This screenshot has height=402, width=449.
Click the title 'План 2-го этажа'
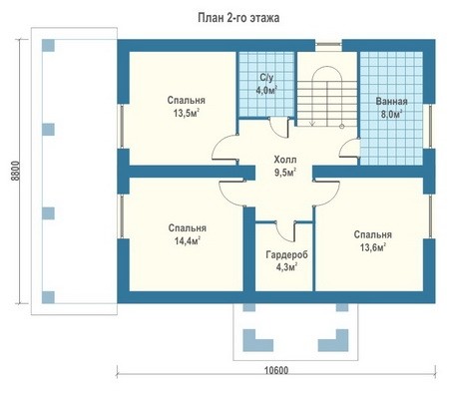(x=238, y=18)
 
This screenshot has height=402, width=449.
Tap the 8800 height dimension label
(x=16, y=171)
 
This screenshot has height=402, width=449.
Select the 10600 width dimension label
(x=276, y=370)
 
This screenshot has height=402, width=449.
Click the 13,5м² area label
(x=187, y=114)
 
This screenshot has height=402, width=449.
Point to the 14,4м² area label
(x=188, y=240)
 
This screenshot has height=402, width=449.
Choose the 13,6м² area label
(x=373, y=247)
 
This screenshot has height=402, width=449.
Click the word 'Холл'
(x=285, y=160)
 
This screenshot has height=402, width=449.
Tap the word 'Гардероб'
(x=286, y=254)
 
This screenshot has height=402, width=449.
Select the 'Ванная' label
(x=391, y=102)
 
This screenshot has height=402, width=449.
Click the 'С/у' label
(x=266, y=78)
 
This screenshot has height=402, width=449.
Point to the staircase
(x=327, y=97)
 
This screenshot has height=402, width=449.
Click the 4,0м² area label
(x=266, y=91)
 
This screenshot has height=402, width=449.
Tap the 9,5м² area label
(x=285, y=173)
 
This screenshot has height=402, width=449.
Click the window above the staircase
(x=328, y=47)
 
